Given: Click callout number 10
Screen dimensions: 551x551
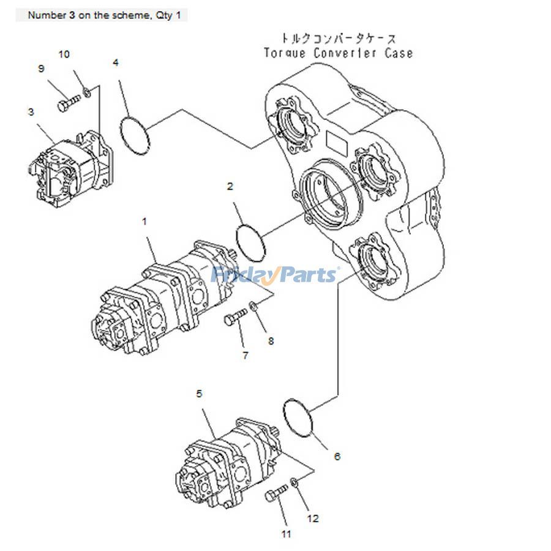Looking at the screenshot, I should (x=64, y=54).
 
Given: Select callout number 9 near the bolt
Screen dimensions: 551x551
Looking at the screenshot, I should (x=42, y=69).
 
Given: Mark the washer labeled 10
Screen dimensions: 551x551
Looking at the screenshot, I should (x=87, y=92).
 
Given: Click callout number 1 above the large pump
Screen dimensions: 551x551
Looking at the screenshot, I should (x=144, y=222).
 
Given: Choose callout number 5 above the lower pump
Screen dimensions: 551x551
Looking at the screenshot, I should (x=199, y=394).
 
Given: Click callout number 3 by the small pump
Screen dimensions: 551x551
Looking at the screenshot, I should (x=31, y=112).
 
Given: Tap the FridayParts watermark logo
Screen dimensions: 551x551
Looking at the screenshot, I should (x=274, y=275).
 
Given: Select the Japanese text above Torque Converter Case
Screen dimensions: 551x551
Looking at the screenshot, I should (x=338, y=38).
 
